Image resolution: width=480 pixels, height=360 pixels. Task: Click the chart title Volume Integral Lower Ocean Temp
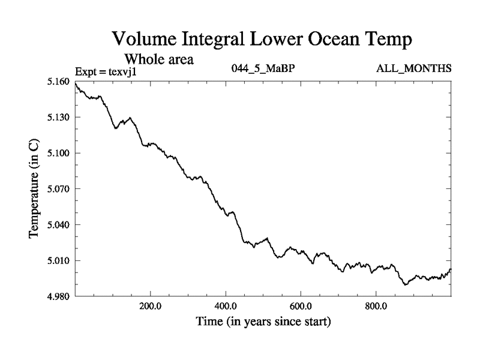coord(263,41)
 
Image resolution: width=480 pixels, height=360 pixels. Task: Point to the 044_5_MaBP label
coord(263,68)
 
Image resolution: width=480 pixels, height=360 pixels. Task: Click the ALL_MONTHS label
coord(413,68)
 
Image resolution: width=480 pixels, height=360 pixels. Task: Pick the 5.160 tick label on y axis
coord(59,81)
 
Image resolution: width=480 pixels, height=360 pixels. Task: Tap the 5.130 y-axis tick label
coord(59,117)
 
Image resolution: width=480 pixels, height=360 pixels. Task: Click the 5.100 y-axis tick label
coord(59,153)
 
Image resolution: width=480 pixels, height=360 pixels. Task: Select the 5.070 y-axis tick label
coord(59,189)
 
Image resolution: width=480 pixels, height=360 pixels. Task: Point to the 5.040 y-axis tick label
coord(59,225)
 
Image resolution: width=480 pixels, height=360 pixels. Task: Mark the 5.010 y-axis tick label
coord(59,261)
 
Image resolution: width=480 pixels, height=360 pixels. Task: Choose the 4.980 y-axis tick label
coord(59,296)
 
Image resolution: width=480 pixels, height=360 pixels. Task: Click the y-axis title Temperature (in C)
coord(34,189)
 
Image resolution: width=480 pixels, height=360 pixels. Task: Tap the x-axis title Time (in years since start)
coord(263,322)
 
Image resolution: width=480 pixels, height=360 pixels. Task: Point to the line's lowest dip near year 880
coord(406,284)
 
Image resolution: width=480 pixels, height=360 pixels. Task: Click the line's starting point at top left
coord(76,83)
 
